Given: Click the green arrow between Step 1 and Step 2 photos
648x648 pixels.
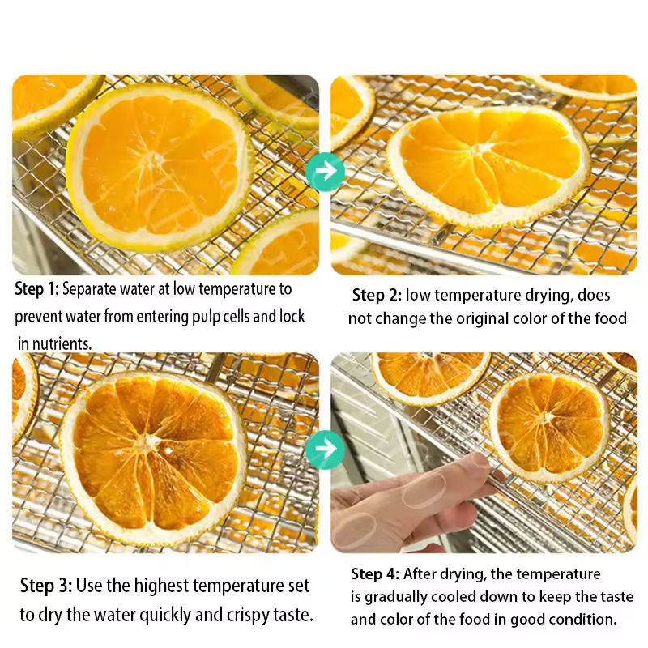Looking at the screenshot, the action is click(x=326, y=172).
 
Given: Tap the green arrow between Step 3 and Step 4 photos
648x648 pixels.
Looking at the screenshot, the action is click(x=326, y=450).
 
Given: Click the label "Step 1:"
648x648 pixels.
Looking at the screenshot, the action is click(x=37, y=289).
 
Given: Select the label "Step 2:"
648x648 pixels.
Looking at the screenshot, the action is click(x=377, y=295).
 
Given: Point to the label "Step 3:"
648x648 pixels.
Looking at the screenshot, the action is click(x=46, y=586).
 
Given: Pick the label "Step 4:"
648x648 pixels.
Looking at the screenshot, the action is click(x=375, y=574).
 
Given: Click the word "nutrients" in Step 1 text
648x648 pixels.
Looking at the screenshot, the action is click(x=62, y=343).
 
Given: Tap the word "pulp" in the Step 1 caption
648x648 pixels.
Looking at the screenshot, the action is click(x=206, y=317).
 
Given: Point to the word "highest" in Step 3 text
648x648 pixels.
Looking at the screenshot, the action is click(x=161, y=586).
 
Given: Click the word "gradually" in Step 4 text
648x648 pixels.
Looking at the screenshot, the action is click(x=396, y=597).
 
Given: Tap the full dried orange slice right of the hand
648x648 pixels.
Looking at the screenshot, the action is click(x=550, y=427).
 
